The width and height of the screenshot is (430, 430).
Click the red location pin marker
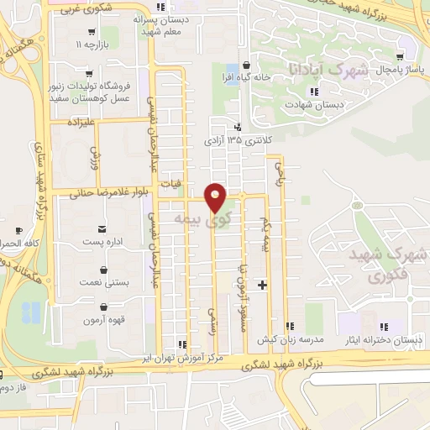click(216, 197)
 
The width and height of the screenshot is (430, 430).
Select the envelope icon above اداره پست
click(102, 228)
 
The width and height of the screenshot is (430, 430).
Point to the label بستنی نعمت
click(105, 283)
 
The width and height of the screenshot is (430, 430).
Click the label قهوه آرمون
click(104, 320)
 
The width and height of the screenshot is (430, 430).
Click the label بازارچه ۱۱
click(91, 43)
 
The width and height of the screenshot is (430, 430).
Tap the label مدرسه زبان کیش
click(290, 339)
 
